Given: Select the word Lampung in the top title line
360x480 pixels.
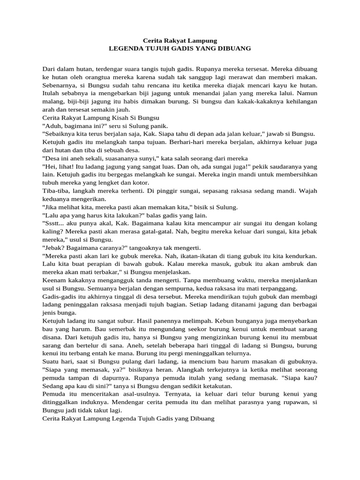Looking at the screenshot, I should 200,41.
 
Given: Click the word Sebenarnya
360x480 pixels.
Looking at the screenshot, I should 59,86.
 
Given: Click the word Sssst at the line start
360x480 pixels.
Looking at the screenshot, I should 52,223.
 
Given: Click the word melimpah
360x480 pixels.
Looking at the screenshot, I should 216,321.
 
